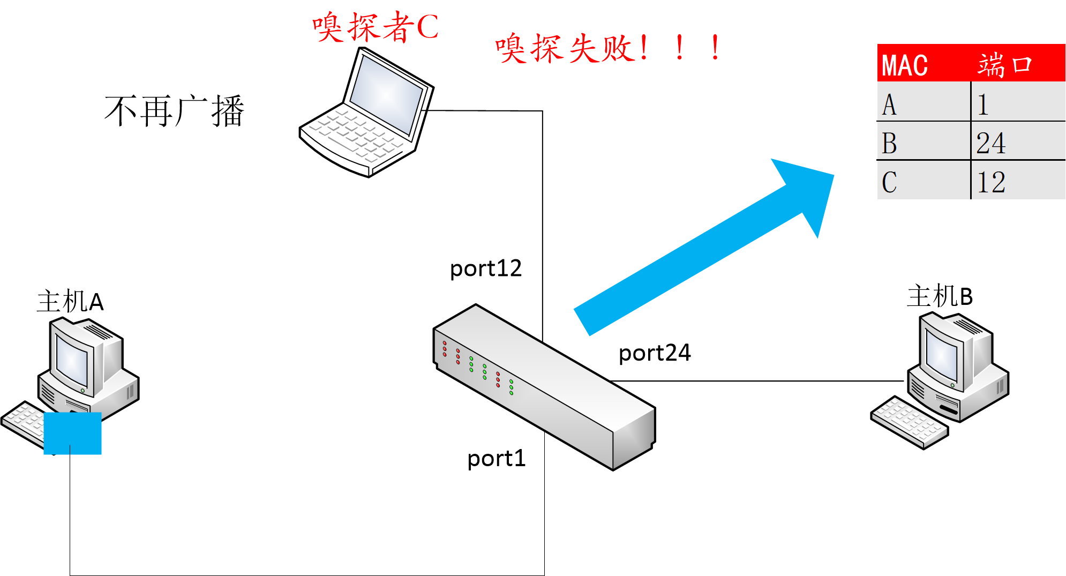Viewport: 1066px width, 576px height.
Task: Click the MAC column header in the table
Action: [905, 65]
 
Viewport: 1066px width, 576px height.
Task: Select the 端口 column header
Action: [1004, 65]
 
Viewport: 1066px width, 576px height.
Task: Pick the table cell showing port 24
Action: [991, 143]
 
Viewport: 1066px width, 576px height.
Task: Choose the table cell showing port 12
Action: [991, 182]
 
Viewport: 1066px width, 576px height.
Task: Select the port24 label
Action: [655, 353]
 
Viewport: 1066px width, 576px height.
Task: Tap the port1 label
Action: [497, 459]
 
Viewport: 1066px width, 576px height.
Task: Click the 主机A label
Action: [70, 301]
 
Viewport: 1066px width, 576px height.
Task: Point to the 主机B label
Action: [940, 296]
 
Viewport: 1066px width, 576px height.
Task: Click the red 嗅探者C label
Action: [376, 27]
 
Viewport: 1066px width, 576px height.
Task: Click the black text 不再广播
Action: [175, 111]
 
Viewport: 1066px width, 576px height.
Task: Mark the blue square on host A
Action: [72, 433]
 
